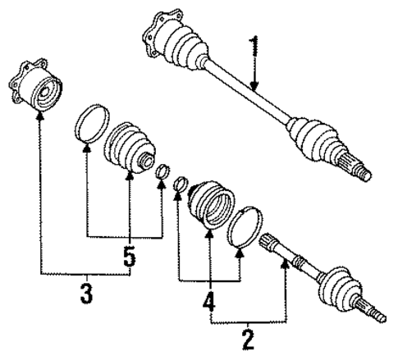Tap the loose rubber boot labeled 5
coord(129,148)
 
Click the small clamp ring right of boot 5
coord(162,171)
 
